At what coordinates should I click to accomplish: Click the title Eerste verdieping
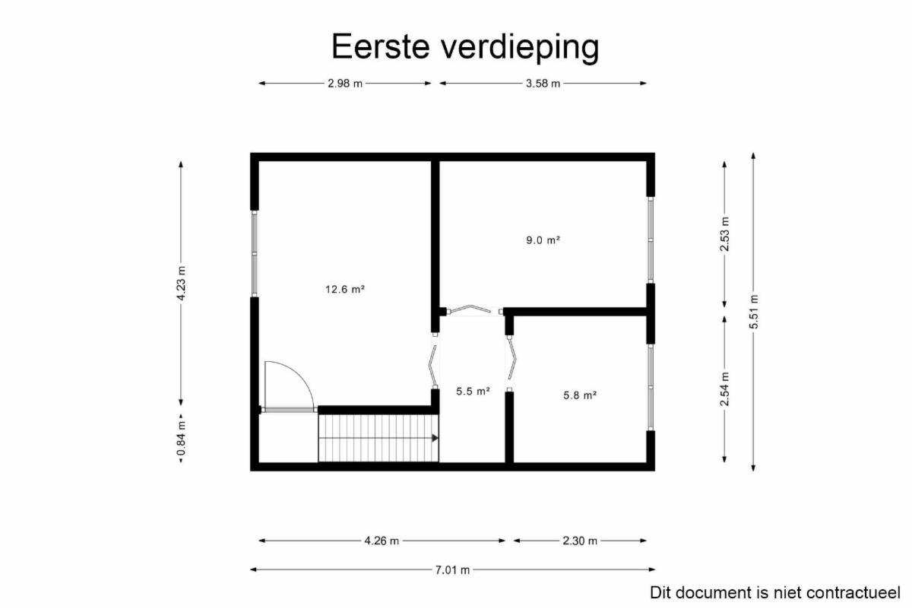(x=465, y=47)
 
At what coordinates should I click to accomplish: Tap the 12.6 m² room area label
(x=345, y=290)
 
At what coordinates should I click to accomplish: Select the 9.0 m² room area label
(x=543, y=240)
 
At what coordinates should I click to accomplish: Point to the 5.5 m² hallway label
(x=473, y=392)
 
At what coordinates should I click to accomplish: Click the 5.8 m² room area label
(x=580, y=395)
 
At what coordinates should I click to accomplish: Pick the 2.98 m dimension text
(x=345, y=84)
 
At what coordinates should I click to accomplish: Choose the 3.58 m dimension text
(x=543, y=84)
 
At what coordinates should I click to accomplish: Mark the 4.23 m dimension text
(x=181, y=284)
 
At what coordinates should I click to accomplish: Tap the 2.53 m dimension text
(x=725, y=234)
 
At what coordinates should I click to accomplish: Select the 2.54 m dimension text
(x=725, y=389)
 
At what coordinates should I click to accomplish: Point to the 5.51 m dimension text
(x=754, y=312)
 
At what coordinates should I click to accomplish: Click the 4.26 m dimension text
(x=382, y=541)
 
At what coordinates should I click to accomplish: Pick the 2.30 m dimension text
(x=580, y=541)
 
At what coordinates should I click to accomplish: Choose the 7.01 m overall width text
(x=452, y=570)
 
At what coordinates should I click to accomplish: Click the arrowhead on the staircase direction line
(x=435, y=438)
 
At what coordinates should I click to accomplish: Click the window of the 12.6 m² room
(x=255, y=253)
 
